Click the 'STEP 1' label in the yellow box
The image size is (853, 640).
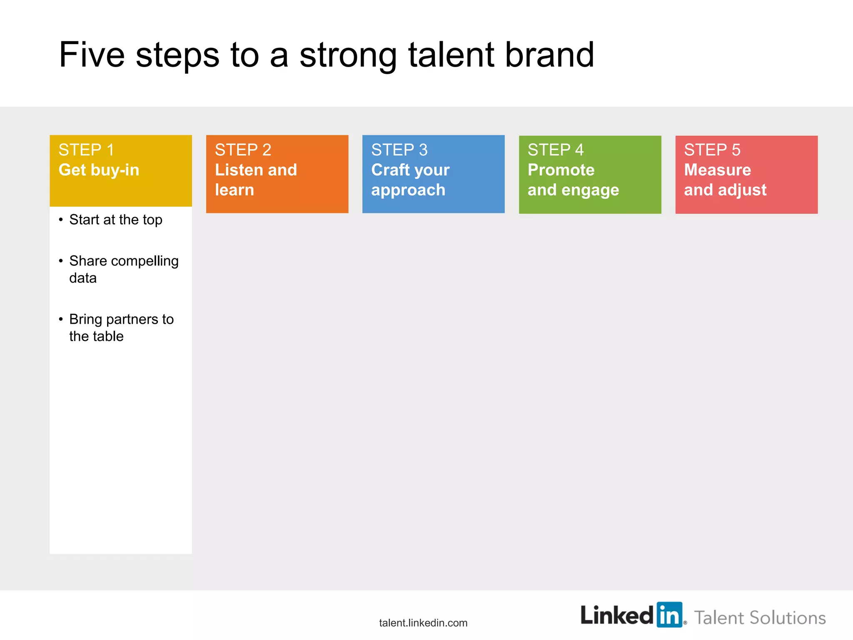click(86, 150)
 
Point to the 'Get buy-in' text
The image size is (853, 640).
click(99, 170)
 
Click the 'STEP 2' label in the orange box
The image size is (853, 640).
click(243, 150)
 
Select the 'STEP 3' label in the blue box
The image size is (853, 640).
click(399, 150)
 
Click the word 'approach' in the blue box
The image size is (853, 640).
click(408, 190)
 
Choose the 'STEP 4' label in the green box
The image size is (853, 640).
click(556, 150)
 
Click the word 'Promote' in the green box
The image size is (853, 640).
click(561, 170)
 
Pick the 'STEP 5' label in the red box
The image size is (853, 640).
click(712, 150)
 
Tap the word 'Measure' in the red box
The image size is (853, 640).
click(717, 170)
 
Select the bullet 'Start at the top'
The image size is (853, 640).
click(115, 220)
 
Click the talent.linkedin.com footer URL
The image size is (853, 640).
click(423, 623)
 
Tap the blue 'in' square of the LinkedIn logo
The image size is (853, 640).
click(669, 615)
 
